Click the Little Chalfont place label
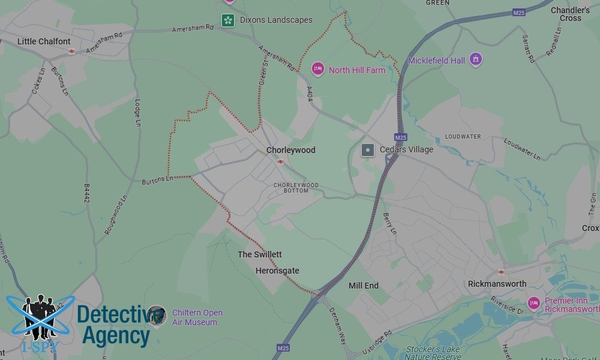coord(44,41)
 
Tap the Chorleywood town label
coord(291,150)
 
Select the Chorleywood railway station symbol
coord(280,161)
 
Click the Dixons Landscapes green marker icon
coord(228,20)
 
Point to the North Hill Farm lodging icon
coord(317,69)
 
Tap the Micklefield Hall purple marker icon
coord(476,59)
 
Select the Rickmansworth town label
coord(497,284)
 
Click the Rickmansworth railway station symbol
coord(501,272)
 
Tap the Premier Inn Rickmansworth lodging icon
coord(533,302)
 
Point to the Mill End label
coord(364,286)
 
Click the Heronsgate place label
coord(277,271)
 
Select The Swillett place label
coord(260,254)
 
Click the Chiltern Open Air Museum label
coord(197,317)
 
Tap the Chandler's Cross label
coord(570,14)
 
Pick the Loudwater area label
coord(463,137)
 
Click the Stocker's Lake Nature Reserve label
coord(432,353)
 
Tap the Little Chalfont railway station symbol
coord(71,52)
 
